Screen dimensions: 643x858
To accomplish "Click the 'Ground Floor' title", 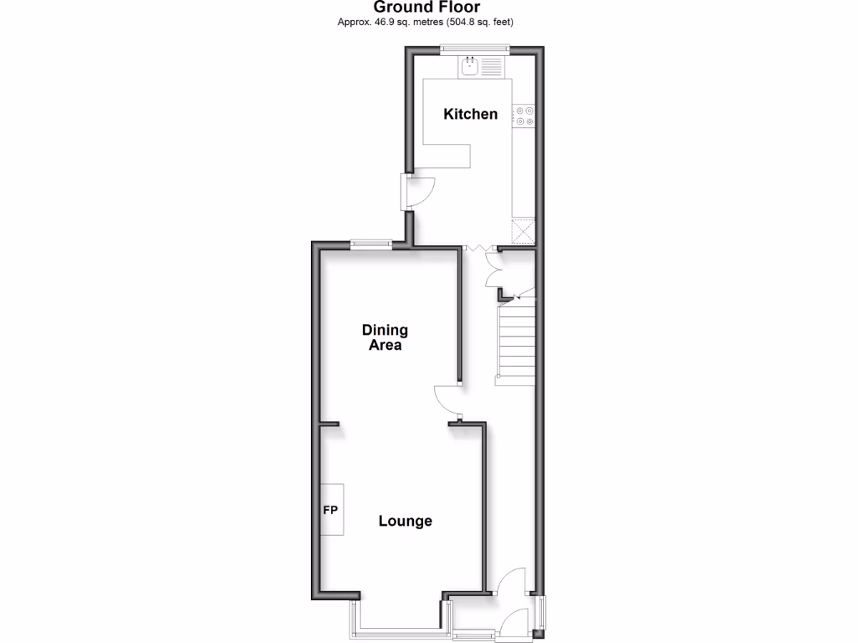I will point(427,8).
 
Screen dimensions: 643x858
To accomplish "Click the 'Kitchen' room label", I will point(470,114).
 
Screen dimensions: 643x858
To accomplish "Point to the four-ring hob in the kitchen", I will point(525,116).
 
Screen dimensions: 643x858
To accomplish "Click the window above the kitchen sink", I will point(475,48).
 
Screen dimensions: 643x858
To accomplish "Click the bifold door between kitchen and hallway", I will point(476,248).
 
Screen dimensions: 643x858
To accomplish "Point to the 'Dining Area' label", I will point(385,337).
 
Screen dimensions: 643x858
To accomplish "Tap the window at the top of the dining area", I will point(370,244).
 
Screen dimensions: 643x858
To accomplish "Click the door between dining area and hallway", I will point(450,399).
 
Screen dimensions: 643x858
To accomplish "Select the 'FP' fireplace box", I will point(332,509).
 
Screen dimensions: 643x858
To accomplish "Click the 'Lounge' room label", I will point(405,521).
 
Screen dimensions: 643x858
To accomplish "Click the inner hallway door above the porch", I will point(510,582).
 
